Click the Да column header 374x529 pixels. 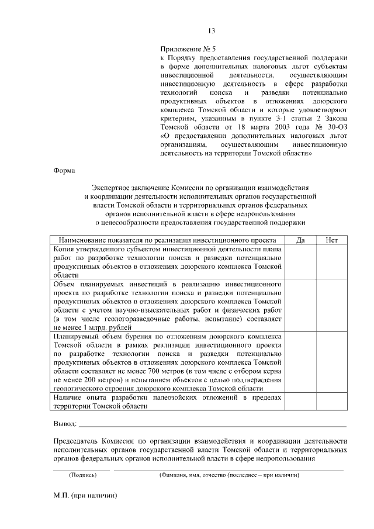point(300,240)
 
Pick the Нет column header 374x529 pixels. point(331,240)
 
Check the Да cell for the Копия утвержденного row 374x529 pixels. point(300,261)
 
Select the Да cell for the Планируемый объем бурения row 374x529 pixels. point(300,362)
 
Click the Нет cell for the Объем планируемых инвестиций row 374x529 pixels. point(331,305)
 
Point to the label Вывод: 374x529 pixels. point(65,423)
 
